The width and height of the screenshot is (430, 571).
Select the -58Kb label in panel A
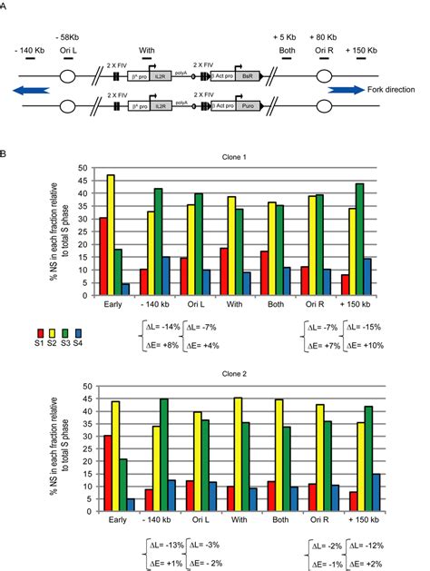click(x=68, y=35)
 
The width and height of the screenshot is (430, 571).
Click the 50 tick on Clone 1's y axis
click(x=83, y=169)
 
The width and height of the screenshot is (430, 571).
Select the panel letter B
click(x=7, y=151)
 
